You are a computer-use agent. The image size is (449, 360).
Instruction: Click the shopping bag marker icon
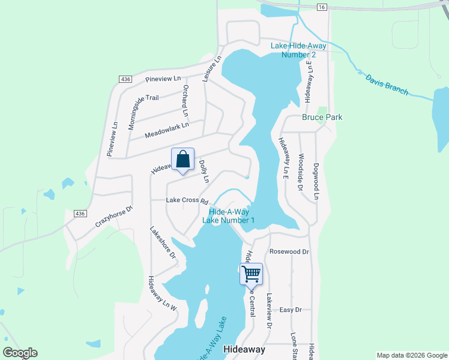pos(183,160)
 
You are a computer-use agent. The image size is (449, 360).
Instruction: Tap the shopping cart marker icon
pos(251,274)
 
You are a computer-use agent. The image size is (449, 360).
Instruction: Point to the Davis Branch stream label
pos(386,84)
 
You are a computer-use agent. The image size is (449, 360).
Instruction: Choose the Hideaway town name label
pos(244,349)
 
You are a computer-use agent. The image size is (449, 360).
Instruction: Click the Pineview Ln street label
pos(163,79)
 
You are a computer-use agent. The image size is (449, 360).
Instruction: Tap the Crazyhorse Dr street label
pos(113,216)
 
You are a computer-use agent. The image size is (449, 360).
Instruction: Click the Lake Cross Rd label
pos(187,200)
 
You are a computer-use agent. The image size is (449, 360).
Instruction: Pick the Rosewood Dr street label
pos(289,252)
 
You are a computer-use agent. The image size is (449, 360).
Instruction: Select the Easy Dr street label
pos(290,310)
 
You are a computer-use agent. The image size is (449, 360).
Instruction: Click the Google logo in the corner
pos(20,353)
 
